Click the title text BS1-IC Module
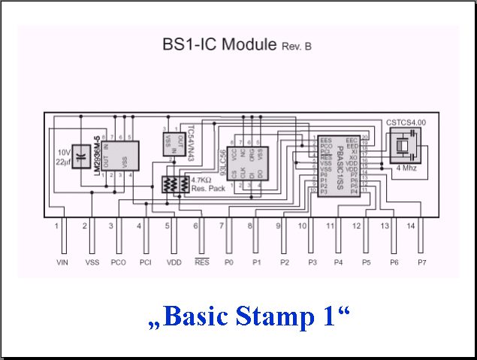pos(220,44)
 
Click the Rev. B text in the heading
pos(296,47)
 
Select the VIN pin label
pos(62,262)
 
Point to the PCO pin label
pos(117,262)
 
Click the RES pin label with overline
pos(201,262)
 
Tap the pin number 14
pos(410,225)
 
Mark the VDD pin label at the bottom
pos(172,262)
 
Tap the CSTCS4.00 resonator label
pos(406,122)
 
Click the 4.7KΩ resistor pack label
pos(201,184)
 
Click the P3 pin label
pos(311,262)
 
